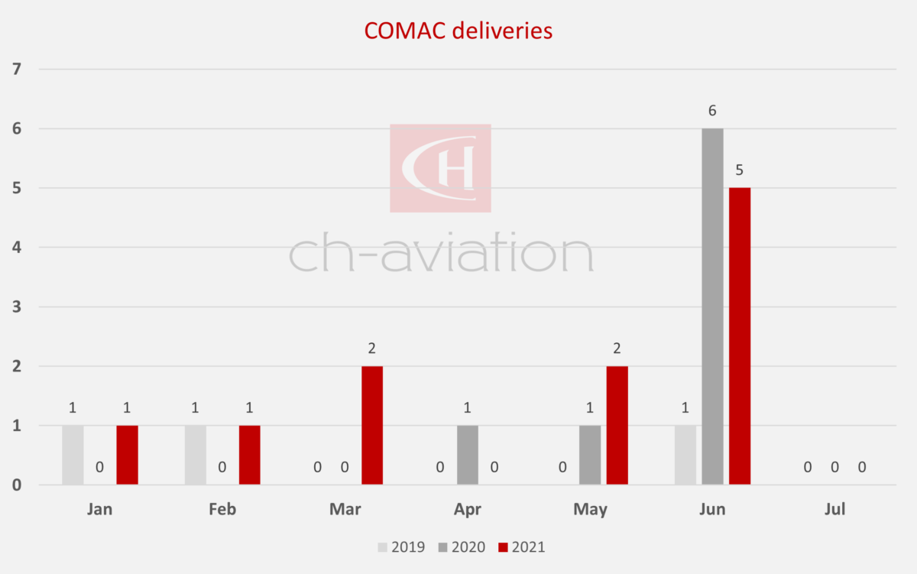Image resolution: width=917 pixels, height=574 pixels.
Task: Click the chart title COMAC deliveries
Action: tap(458, 30)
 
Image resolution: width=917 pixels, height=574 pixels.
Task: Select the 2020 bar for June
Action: tap(712, 306)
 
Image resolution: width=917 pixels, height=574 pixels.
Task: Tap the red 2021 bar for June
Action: tap(739, 336)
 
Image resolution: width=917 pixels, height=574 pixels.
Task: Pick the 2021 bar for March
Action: tap(372, 425)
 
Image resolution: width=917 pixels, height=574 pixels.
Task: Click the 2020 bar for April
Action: tap(468, 455)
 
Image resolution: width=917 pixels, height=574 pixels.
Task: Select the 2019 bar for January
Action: tap(73, 455)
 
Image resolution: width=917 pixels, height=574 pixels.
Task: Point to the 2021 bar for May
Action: tap(617, 425)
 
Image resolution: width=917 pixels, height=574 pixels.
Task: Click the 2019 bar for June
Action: tap(685, 455)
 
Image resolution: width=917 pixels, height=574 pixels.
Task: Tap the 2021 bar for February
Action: tap(249, 455)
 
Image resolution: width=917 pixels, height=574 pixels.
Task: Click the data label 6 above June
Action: tap(712, 111)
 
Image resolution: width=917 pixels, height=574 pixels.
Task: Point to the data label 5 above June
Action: tap(739, 170)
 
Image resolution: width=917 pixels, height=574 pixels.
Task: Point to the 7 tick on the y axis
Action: tap(17, 70)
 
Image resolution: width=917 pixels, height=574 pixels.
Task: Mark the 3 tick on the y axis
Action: tap(17, 307)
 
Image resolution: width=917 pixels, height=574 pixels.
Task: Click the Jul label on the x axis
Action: tap(834, 510)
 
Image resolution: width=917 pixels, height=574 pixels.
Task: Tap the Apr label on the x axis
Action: tap(467, 510)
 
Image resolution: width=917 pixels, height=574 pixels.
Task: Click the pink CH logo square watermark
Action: tap(440, 167)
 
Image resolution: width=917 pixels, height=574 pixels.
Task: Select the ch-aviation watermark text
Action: tap(441, 253)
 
